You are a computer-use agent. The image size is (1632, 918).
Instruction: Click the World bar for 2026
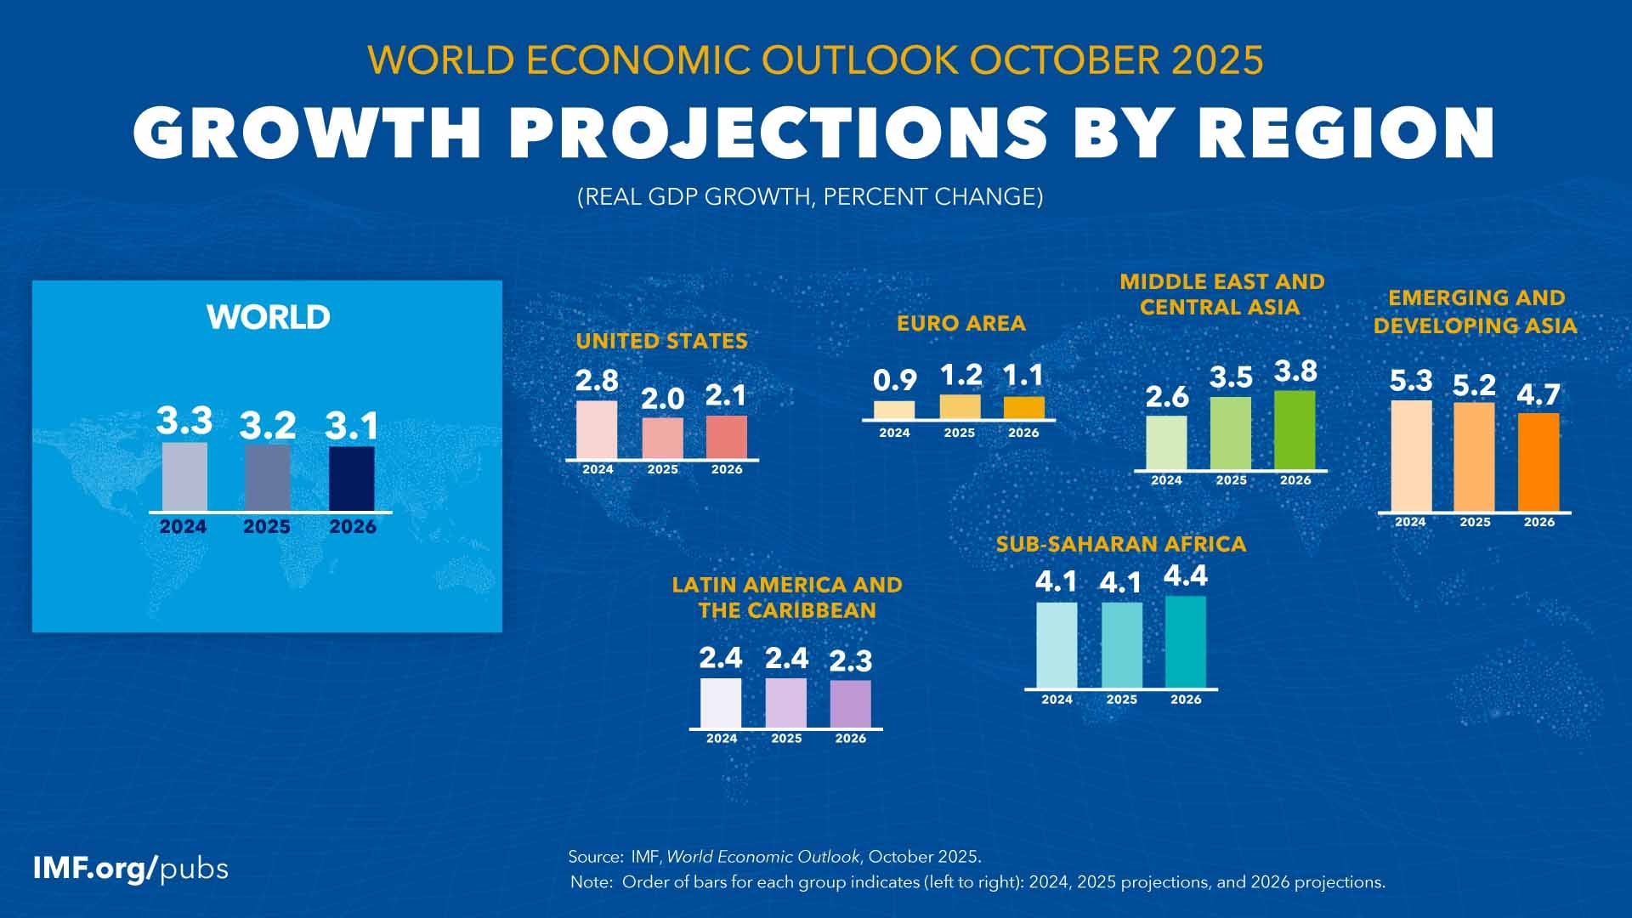tap(351, 479)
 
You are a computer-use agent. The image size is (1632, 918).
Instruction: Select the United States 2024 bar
tap(597, 430)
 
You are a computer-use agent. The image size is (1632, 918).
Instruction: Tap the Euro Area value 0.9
tap(894, 381)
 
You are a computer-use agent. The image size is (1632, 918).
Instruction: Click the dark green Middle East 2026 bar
tap(1295, 430)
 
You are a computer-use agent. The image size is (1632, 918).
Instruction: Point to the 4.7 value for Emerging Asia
tap(1538, 394)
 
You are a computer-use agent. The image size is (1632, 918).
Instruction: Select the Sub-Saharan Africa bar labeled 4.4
tap(1185, 642)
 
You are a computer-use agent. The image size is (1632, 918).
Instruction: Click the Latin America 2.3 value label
tap(850, 660)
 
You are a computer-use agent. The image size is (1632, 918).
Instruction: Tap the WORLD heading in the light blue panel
tap(268, 317)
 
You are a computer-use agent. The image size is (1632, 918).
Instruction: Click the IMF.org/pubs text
tap(130, 869)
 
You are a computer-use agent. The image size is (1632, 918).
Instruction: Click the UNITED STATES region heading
tap(661, 341)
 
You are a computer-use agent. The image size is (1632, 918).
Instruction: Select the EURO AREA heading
tap(960, 323)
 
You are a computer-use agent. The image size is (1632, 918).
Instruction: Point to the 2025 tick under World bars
tap(267, 527)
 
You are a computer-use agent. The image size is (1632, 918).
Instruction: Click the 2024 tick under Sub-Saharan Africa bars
tap(1057, 700)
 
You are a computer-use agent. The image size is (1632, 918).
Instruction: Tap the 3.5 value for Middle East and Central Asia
tap(1230, 377)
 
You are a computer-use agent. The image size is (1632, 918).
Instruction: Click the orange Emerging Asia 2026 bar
tap(1538, 462)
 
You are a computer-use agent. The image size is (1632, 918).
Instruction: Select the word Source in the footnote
tap(595, 856)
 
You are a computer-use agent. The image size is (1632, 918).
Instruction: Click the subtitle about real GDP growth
tap(809, 197)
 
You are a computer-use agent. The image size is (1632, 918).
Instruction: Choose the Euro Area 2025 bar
tap(960, 406)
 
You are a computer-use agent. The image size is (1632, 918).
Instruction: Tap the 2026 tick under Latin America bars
tap(850, 739)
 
